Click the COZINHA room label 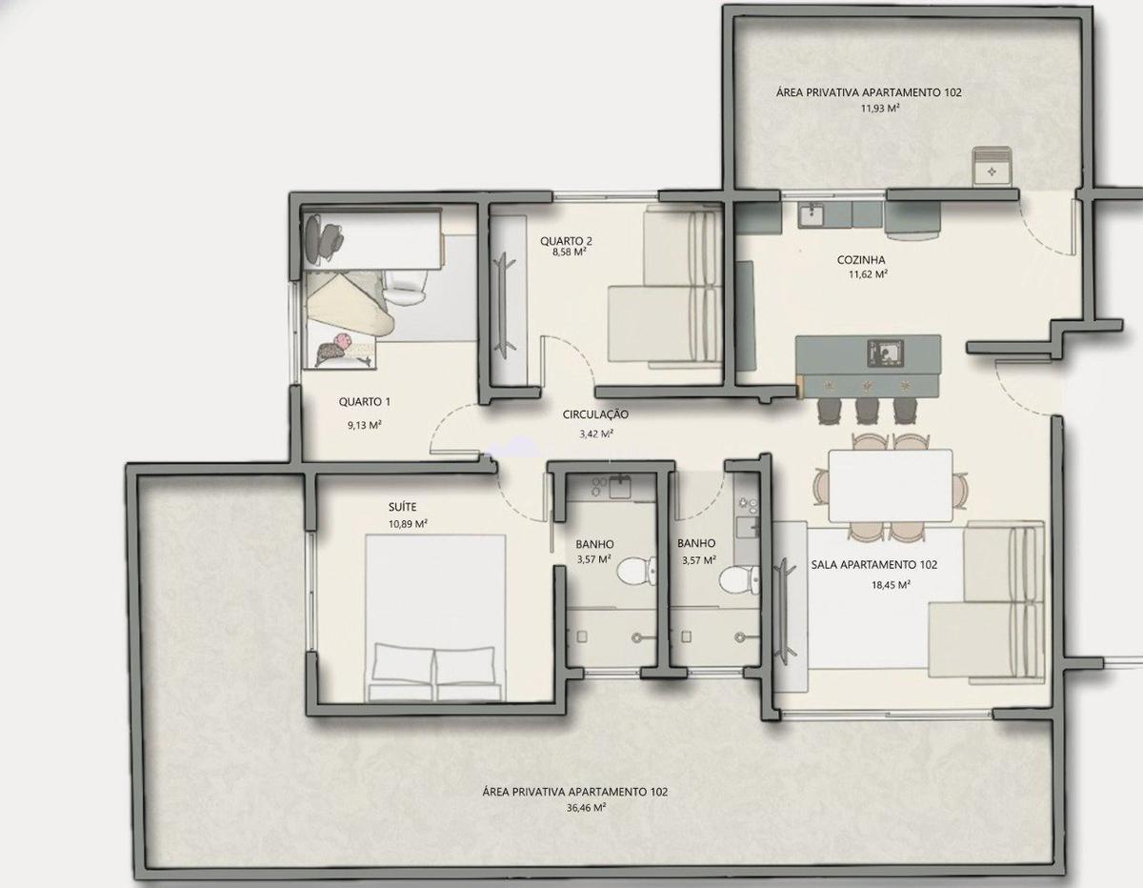(x=861, y=260)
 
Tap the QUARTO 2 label (x=566, y=241)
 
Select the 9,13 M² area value (x=365, y=425)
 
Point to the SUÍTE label (x=402, y=507)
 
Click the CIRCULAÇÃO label (x=595, y=414)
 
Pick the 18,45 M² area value (x=891, y=584)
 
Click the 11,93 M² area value (x=879, y=109)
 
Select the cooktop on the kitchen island (x=885, y=353)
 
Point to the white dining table (x=890, y=485)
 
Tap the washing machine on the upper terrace (x=992, y=166)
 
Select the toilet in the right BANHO (x=739, y=579)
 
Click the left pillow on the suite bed (x=403, y=664)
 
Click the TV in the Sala (x=785, y=610)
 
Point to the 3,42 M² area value (x=596, y=434)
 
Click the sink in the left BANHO (x=621, y=486)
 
